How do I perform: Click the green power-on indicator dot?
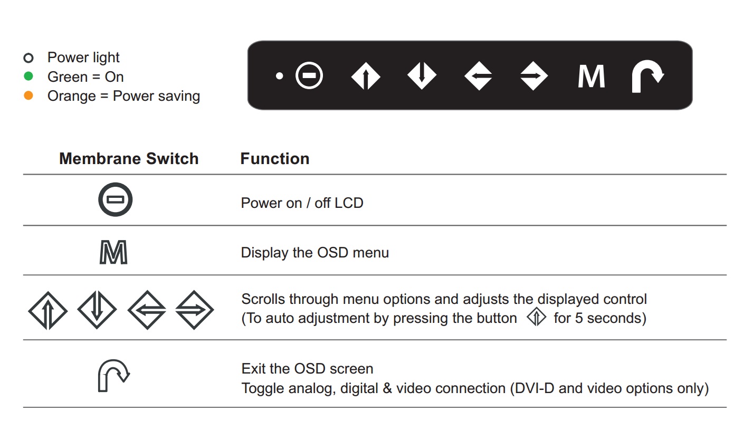28,77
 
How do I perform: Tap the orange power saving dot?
28,95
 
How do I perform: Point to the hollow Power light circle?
28,58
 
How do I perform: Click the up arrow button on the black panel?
366,76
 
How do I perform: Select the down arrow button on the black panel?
422,76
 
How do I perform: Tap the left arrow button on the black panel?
478,76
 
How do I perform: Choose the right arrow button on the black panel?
534,76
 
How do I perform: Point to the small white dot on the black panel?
280,76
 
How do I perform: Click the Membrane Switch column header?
129,158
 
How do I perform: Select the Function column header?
275,158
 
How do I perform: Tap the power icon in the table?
115,187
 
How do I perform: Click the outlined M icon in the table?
113,252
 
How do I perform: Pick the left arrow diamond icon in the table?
147,310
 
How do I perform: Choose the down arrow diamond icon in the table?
97,310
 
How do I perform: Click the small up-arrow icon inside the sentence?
536,317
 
